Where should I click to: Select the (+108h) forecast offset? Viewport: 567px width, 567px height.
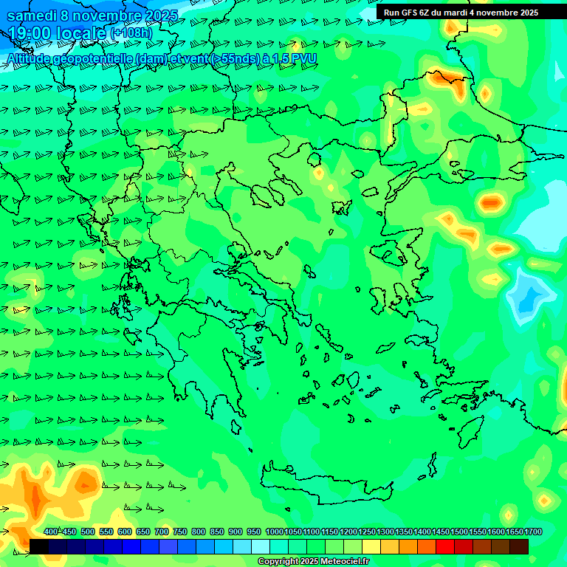131,33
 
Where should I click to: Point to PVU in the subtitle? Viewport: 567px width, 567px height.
304,58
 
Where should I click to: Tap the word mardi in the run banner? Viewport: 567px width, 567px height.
464,12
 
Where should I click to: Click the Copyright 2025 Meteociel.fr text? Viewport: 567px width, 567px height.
313,562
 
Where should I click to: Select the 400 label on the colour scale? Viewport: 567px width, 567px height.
51,532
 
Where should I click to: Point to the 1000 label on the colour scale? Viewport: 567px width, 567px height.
274,532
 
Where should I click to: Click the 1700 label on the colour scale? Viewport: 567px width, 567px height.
532,532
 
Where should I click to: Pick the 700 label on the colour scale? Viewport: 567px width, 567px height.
162,532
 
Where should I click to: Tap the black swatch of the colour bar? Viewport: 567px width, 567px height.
39,546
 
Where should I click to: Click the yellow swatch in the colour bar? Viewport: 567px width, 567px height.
371,546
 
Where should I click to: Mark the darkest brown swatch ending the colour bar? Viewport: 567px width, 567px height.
519,546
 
